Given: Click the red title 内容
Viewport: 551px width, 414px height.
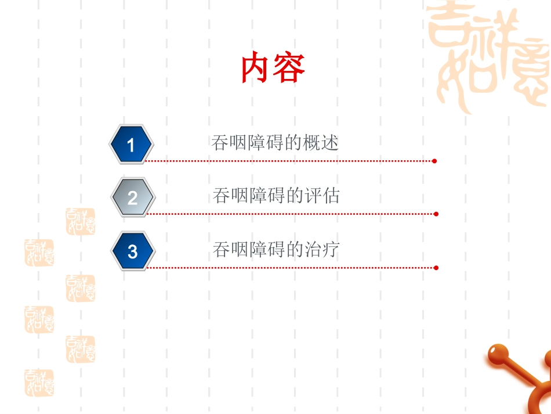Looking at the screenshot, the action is (273, 69).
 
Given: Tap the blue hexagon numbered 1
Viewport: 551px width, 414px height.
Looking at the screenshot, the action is (131, 144).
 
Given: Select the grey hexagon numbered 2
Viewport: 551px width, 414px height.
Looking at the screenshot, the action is (133, 197).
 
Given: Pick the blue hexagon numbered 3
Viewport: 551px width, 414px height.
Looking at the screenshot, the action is (133, 251).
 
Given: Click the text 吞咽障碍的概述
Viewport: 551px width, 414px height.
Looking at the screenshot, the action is (275, 143).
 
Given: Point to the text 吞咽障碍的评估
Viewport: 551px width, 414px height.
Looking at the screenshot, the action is (276, 196).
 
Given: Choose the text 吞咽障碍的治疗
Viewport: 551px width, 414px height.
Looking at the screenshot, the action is (276, 250).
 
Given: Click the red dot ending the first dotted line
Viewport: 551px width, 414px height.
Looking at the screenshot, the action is (434, 161).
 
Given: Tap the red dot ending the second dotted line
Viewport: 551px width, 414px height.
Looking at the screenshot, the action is (436, 214).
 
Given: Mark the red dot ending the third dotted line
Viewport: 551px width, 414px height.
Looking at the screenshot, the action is (436, 268).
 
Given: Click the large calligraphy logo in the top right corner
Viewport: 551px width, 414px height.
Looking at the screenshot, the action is (488, 56).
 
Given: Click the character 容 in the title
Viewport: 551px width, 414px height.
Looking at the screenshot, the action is (290, 69).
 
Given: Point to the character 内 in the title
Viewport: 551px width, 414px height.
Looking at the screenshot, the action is (257, 69).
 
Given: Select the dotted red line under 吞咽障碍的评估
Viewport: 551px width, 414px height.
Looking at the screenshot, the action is (290, 214).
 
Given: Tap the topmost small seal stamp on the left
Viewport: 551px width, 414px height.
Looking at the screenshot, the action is (80, 221).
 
